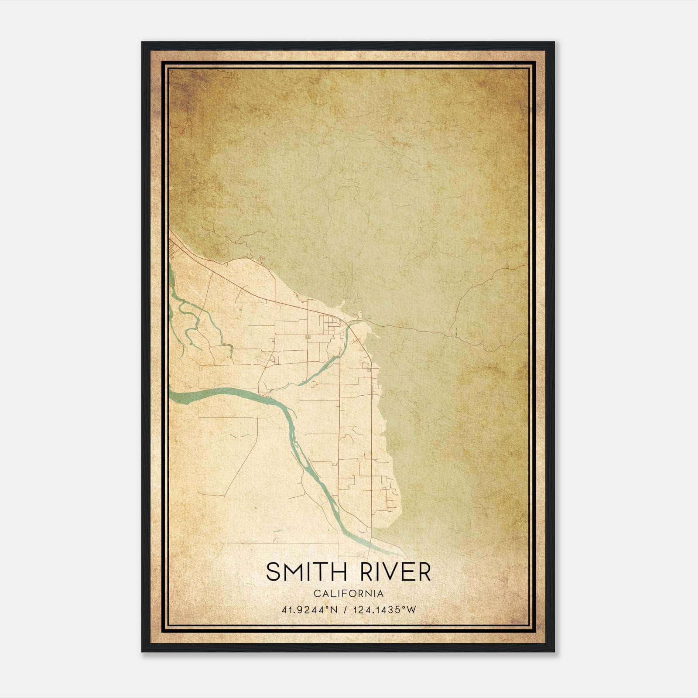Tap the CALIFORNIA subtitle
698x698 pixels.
(348, 594)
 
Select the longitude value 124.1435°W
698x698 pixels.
(386, 610)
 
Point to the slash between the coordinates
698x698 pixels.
(346, 610)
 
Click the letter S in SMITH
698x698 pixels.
(273, 572)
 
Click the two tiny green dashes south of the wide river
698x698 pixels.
(239, 436)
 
